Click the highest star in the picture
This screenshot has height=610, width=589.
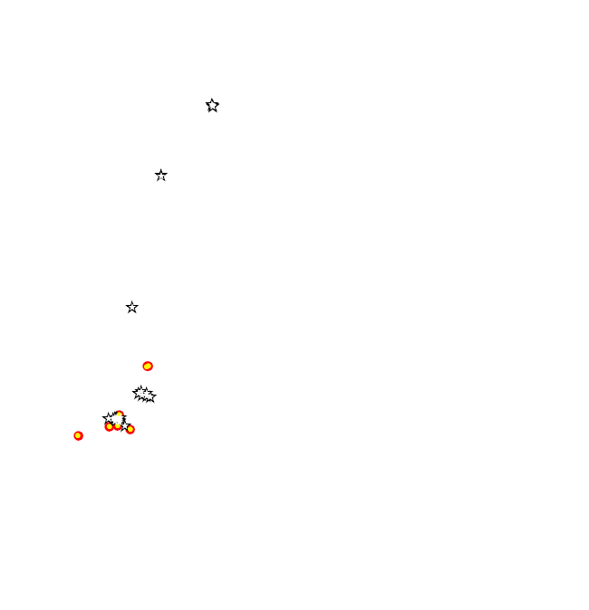(212, 106)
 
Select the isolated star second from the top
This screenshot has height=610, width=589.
(161, 176)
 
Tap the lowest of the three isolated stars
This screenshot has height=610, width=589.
(132, 308)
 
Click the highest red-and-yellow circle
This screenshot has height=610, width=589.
(148, 367)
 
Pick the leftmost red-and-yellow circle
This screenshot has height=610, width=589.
(78, 436)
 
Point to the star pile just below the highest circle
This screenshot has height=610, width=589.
(143, 396)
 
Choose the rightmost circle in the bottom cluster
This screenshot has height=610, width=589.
(130, 430)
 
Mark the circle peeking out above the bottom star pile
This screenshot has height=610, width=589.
(119, 415)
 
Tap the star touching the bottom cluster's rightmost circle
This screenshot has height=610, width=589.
(125, 424)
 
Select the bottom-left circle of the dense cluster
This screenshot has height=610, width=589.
(109, 427)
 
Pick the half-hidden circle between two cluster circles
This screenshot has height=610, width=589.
(118, 426)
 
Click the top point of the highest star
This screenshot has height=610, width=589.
(212, 99)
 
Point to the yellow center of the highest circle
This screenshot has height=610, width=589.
(148, 367)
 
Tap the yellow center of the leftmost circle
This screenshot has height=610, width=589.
(78, 436)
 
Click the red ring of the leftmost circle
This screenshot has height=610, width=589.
(74, 436)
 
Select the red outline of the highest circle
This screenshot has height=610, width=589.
(144, 367)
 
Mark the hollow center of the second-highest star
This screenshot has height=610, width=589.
(161, 176)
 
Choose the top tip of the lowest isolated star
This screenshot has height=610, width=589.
(132, 301)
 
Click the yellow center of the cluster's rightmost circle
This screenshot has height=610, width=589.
(130, 430)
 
